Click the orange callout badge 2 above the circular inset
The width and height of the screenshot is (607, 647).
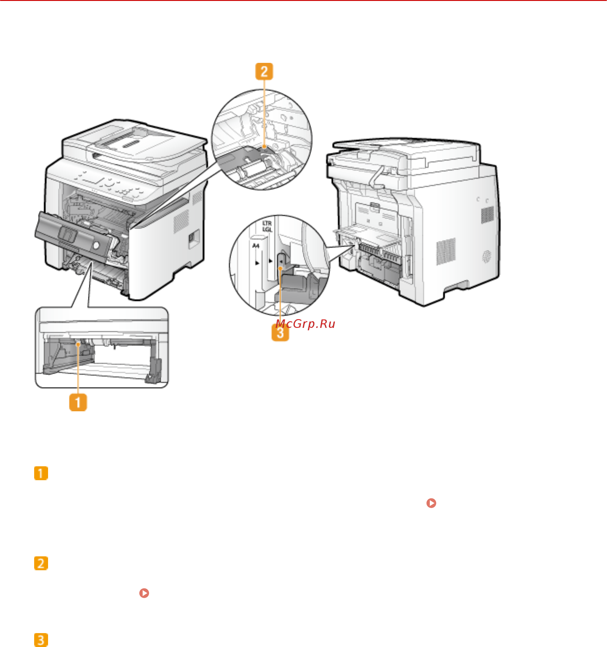pos(264,71)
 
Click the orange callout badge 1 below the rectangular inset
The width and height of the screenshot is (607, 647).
pos(78,402)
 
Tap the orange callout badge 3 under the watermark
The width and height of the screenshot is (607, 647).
pos(280,333)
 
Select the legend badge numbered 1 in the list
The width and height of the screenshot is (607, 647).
pos(41,473)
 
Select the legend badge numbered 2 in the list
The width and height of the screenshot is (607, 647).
pos(41,563)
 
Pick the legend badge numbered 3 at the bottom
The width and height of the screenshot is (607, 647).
pos(41,639)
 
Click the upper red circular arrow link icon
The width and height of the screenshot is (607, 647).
pos(431,503)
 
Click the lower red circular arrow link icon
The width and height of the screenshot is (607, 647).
pos(144,593)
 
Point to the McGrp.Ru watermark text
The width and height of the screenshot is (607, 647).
pos(305,324)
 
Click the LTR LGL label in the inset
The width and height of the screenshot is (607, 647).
pos(267,226)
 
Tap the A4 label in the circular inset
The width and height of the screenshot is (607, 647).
pos(256,246)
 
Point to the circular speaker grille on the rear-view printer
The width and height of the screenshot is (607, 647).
pos(486,257)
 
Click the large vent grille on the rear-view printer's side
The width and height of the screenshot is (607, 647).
pos(446,251)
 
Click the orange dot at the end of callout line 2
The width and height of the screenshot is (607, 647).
pos(264,147)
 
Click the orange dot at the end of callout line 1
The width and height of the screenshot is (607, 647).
pos(78,344)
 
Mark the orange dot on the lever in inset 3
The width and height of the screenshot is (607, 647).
pos(280,268)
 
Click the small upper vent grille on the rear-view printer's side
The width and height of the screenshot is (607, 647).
pos(487,215)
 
